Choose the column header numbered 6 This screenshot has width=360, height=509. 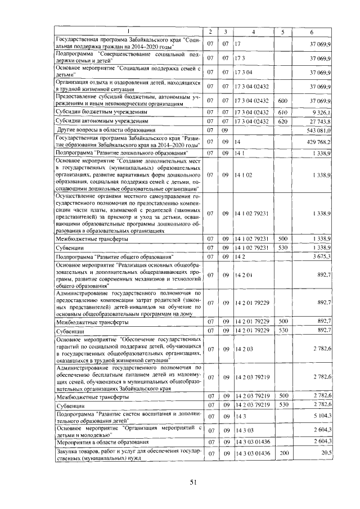click(x=312, y=31)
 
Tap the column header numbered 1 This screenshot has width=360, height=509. click(x=128, y=31)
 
